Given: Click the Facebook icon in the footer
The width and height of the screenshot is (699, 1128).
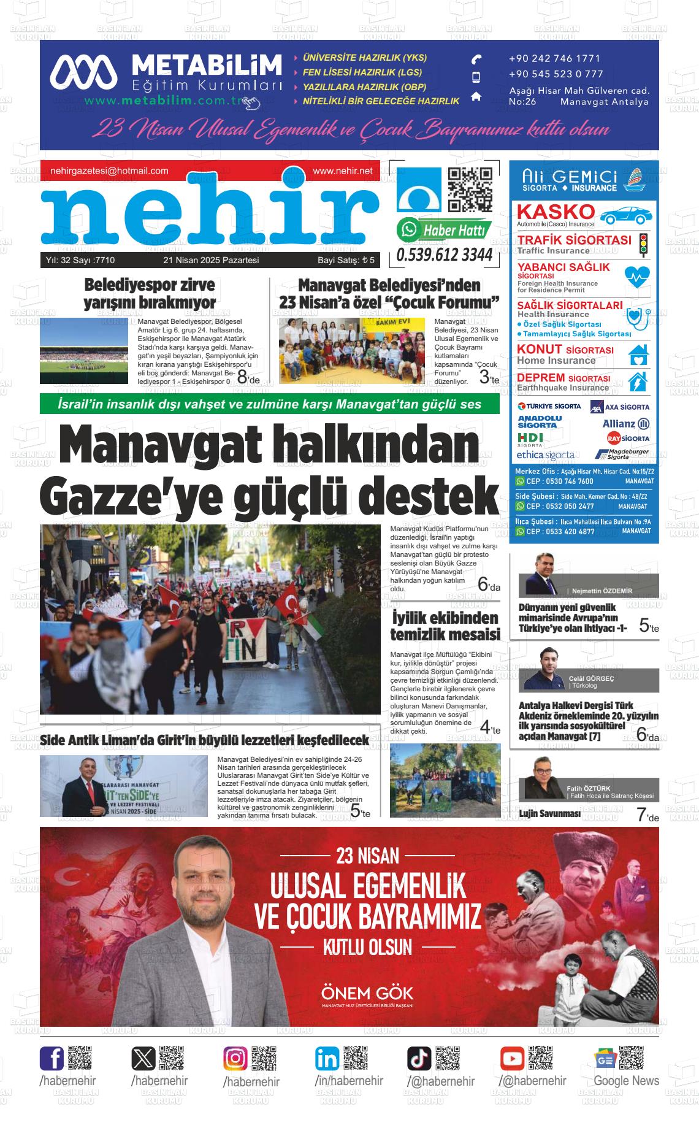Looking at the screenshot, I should click(x=52, y=1058).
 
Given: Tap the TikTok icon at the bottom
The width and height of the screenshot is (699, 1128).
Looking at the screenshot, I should click(x=419, y=1058).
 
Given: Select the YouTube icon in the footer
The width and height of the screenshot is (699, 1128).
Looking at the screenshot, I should click(x=512, y=1058).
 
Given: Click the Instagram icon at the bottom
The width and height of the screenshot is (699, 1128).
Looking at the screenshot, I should click(x=235, y=1058).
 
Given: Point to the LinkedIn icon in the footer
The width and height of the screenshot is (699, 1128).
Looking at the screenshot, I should click(x=327, y=1058).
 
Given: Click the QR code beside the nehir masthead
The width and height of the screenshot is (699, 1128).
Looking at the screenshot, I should click(x=470, y=190).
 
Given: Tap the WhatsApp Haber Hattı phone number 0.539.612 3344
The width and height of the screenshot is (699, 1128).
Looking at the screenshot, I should click(x=445, y=255).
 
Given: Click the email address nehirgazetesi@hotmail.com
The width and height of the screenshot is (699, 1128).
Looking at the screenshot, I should click(x=109, y=171).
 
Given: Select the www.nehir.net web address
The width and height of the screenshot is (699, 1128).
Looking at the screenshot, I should click(x=342, y=171).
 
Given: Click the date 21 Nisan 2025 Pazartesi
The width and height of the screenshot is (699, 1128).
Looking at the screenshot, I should click(x=211, y=261).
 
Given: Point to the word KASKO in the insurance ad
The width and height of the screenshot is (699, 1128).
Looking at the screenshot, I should click(x=556, y=212).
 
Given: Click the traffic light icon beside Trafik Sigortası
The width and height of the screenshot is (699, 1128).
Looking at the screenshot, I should click(x=643, y=244).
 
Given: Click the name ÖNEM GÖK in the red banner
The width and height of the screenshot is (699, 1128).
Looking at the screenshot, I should click(x=367, y=993).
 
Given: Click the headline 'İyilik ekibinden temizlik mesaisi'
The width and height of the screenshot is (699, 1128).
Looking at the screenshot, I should click(x=445, y=625).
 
